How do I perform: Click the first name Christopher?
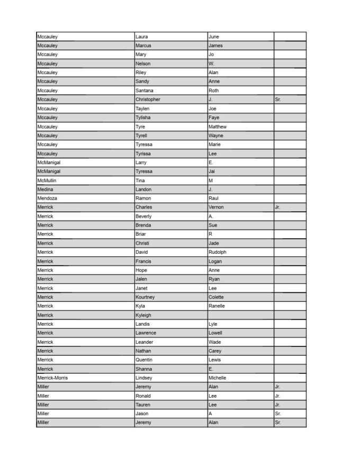click(148, 100)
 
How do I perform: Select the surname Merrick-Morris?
click(52, 378)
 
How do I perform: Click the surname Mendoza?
click(47, 199)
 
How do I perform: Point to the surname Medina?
click(45, 190)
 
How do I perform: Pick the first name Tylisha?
click(144, 118)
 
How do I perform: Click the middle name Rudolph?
click(218, 252)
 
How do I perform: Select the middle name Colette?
click(216, 297)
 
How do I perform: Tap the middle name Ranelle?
click(217, 306)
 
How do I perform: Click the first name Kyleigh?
click(143, 315)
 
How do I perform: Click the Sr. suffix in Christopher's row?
click(278, 100)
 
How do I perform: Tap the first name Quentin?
click(144, 360)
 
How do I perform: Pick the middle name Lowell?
click(215, 333)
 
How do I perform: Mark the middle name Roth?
click(214, 91)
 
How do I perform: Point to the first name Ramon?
click(143, 199)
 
